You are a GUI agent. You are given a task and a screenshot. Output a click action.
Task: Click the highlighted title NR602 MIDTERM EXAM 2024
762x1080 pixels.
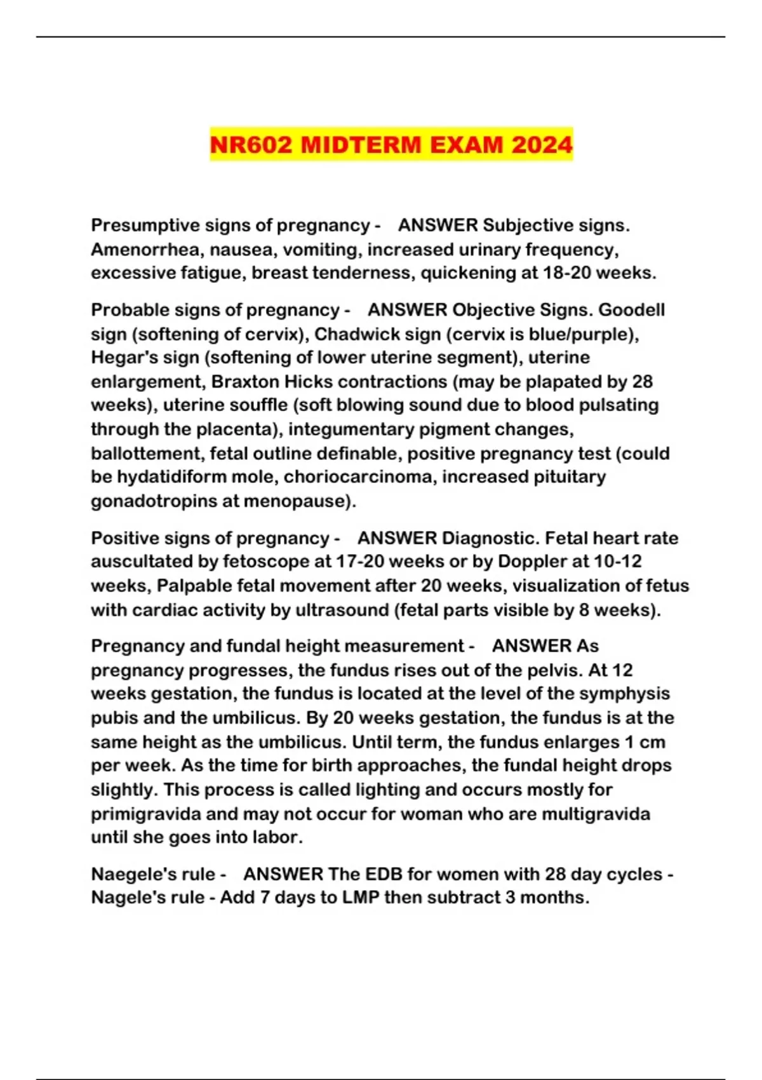pos(391,145)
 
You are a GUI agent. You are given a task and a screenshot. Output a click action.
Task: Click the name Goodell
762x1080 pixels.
pos(631,310)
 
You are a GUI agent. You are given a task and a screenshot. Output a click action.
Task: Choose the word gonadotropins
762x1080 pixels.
pos(154,501)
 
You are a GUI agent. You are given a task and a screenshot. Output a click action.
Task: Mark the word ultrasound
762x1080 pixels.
pos(330,610)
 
